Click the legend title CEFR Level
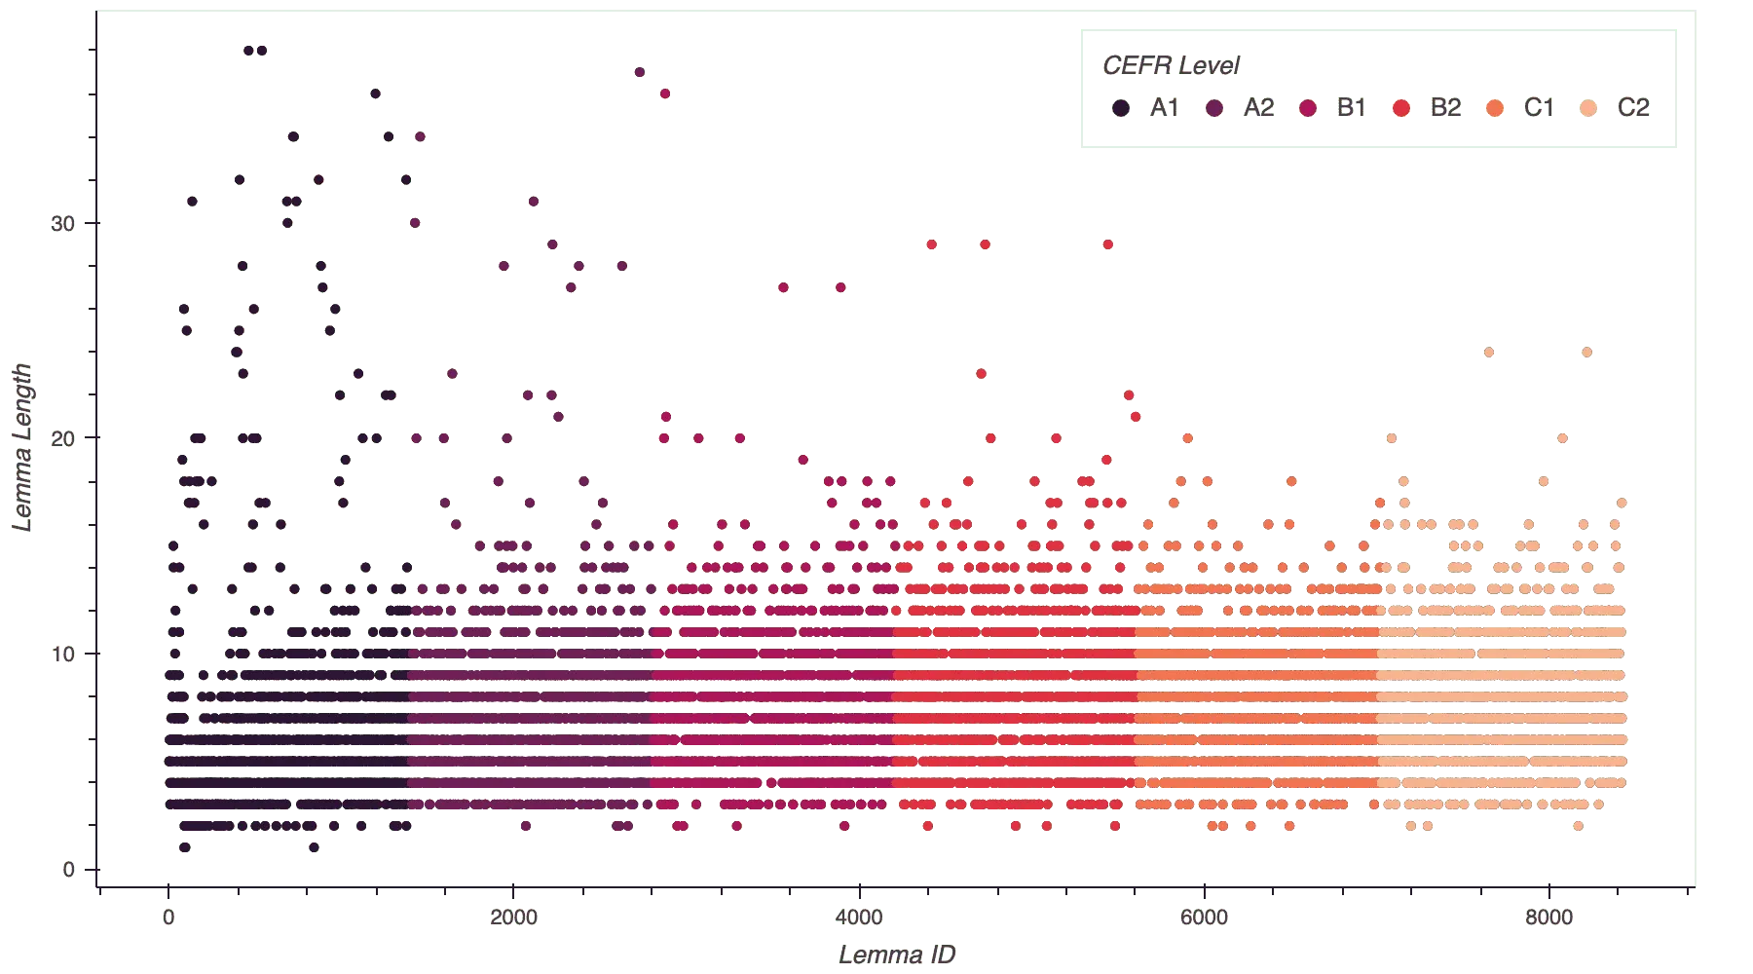pos(1171,66)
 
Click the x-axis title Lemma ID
pos(897,955)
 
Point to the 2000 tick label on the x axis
pos(513,918)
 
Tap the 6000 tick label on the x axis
pos(1203,918)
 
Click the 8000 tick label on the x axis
pos(1548,918)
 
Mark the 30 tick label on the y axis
pos(61,223)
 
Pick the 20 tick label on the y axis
pos(61,439)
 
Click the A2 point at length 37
pos(639,72)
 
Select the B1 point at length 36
pos(664,94)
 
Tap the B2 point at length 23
pos(981,374)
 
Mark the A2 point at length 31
pos(532,202)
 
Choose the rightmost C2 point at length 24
pos(1588,352)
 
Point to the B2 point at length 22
pos(1128,395)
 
